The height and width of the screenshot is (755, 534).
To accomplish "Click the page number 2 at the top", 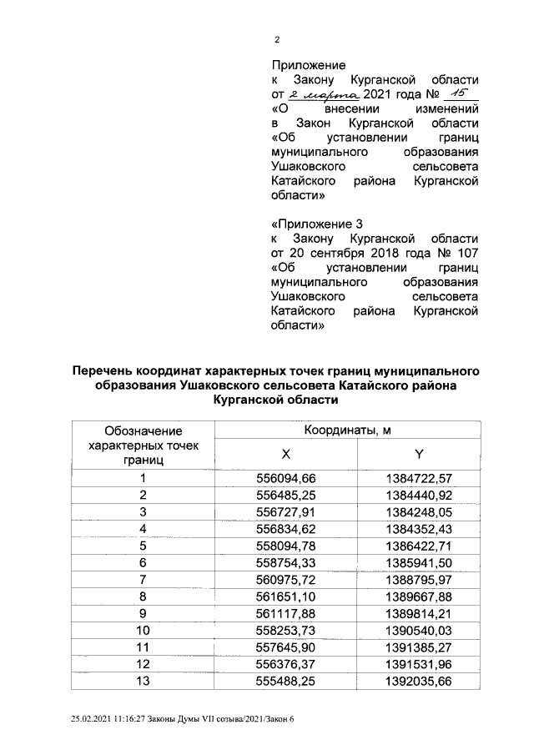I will tap(277, 39).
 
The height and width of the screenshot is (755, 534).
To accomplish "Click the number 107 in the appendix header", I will tap(466, 253).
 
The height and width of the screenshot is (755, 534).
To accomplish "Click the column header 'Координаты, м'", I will tap(347, 429).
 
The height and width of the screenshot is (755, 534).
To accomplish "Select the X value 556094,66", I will tap(286, 478).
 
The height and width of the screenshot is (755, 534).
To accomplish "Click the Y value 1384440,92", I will tap(419, 495).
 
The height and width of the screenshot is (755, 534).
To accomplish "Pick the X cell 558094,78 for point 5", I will tap(286, 546).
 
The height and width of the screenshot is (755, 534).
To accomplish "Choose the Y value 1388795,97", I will tap(419, 579).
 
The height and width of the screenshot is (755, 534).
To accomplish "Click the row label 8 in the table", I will tap(143, 596).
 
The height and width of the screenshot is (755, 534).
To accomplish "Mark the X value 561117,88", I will tap(286, 612).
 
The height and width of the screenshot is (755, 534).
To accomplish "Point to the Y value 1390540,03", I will tap(419, 629).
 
